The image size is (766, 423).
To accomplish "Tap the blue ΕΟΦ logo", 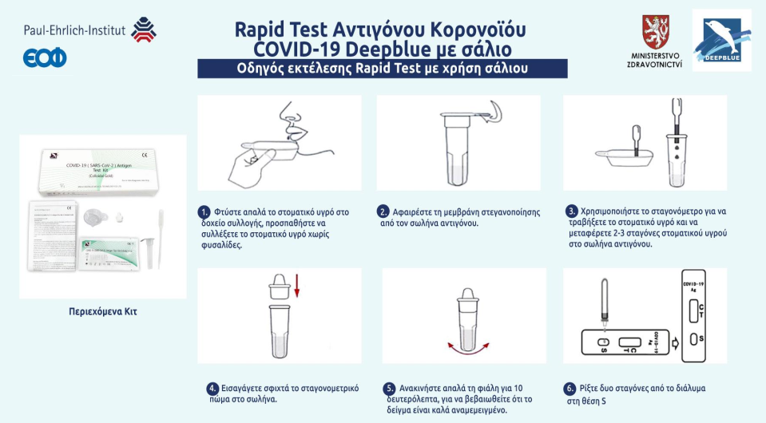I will click(x=45, y=57).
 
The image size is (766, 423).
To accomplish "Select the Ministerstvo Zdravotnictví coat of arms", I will click(x=655, y=31).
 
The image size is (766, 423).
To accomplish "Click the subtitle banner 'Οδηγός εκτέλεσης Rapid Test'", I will click(x=382, y=69).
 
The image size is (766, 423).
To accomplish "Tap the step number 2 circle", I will click(x=383, y=212).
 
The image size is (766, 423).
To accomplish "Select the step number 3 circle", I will click(x=571, y=211).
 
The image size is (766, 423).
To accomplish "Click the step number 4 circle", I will click(x=212, y=389).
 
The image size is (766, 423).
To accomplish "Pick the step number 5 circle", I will click(x=390, y=389).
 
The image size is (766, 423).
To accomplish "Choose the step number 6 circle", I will click(x=570, y=389).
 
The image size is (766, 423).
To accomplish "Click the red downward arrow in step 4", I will click(x=296, y=286).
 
